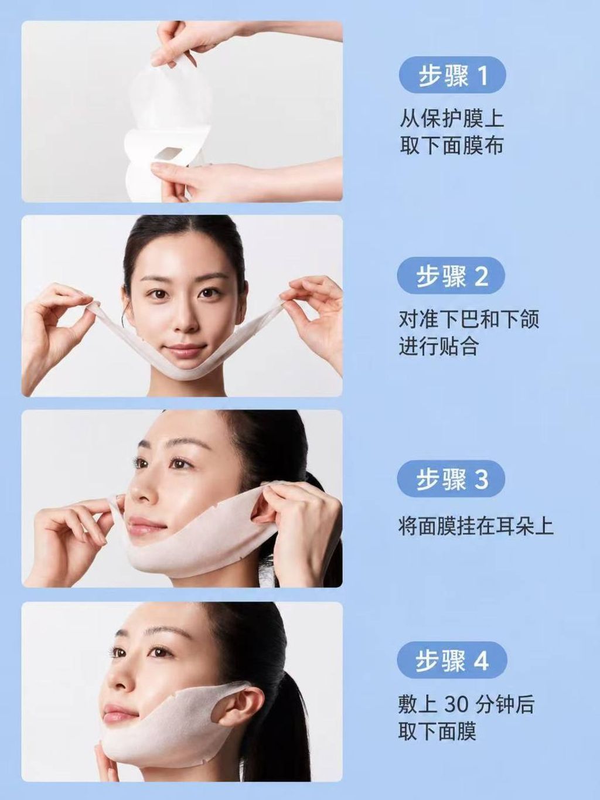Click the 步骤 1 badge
[452, 75]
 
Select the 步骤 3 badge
[451, 479]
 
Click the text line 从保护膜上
[452, 118]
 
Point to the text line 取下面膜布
[452, 145]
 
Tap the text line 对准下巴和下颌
[469, 319]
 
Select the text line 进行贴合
[438, 346]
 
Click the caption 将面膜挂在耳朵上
[476, 526]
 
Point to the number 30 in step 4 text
[456, 705]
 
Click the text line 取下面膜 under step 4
[437, 731]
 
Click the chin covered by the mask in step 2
[184, 370]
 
